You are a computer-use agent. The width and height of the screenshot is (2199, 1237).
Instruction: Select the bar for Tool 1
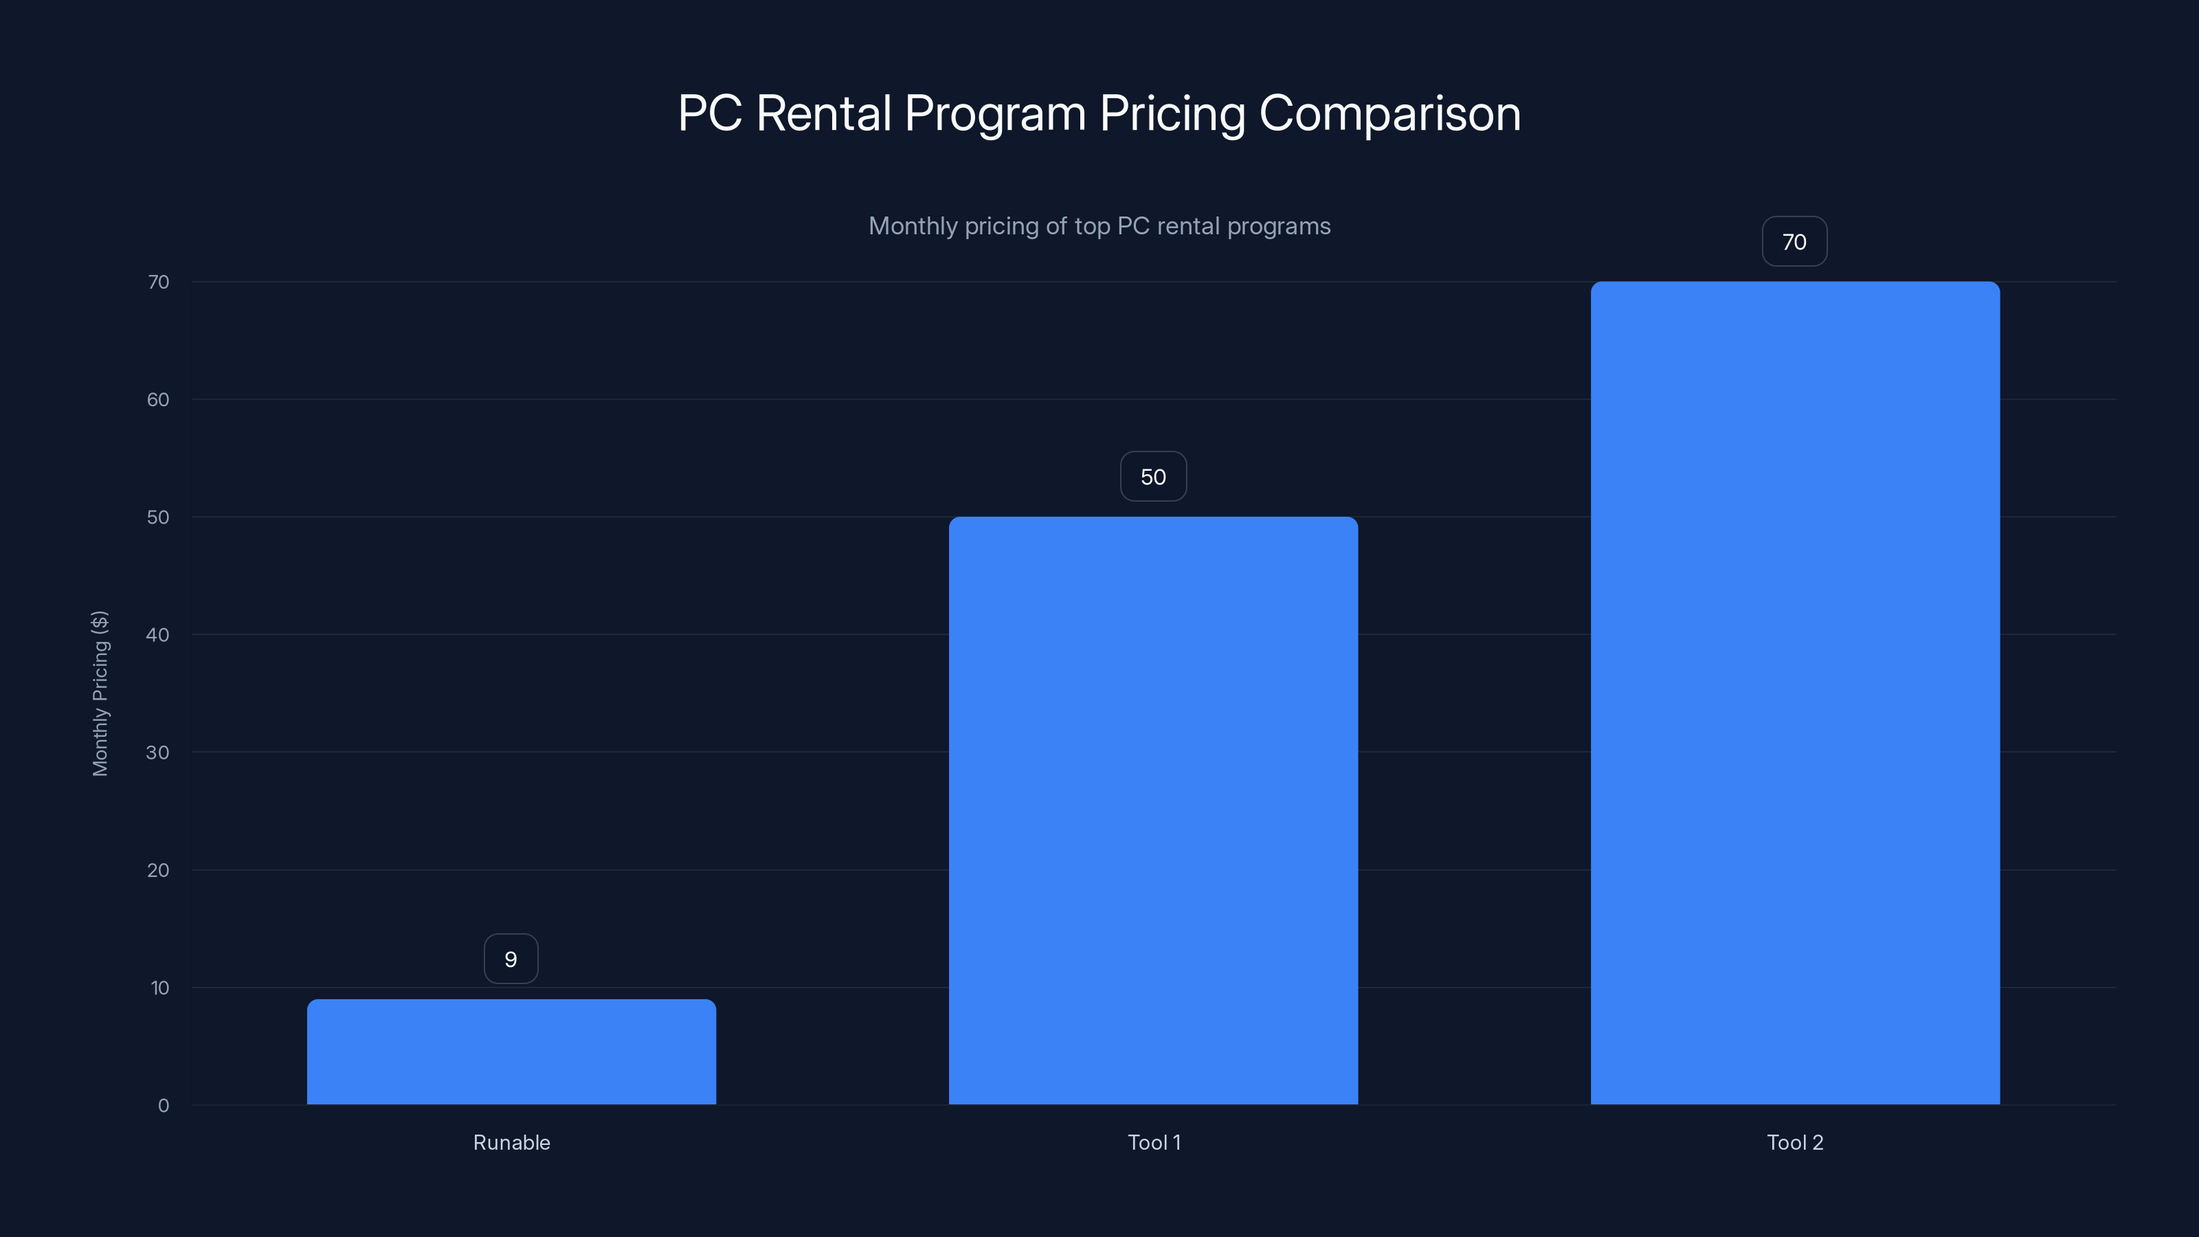(x=1153, y=810)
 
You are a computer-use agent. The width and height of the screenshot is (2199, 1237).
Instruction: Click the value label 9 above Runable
(x=511, y=959)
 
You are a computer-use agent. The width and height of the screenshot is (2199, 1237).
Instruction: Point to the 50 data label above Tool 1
(x=1153, y=476)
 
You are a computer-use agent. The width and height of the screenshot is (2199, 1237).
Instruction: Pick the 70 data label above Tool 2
(x=1794, y=242)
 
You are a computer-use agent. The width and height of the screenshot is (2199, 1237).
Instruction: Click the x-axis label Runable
(x=511, y=1142)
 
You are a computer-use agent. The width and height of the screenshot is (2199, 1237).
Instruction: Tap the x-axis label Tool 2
(x=1794, y=1142)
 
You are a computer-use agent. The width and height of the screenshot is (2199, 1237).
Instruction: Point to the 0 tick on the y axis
(x=163, y=1106)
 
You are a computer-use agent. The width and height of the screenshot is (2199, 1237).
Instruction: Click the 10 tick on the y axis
(x=159, y=988)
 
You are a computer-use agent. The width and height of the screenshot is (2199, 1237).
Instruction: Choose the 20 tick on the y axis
(x=158, y=870)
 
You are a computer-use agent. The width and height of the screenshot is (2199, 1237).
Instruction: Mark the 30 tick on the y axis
(x=158, y=752)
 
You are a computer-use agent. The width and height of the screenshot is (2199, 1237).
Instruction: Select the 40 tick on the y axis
(x=158, y=634)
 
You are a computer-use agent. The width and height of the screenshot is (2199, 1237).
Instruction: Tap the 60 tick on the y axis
(x=158, y=399)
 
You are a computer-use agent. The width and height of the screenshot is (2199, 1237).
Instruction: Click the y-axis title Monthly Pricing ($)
(x=100, y=693)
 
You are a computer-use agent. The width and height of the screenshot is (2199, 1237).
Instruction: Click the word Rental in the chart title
(x=823, y=113)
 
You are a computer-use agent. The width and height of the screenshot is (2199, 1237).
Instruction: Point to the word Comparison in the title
(x=1389, y=113)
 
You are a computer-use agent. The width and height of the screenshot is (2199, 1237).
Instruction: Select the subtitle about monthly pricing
(x=1099, y=226)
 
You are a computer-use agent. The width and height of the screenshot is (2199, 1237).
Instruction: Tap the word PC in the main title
(x=709, y=113)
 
